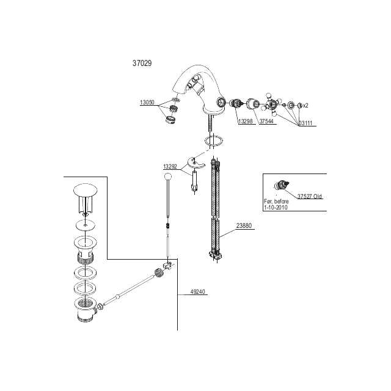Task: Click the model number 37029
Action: pyautogui.click(x=142, y=64)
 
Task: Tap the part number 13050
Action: pyautogui.click(x=147, y=102)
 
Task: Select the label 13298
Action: pyautogui.click(x=246, y=121)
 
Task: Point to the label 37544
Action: pyautogui.click(x=266, y=121)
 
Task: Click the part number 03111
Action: pyautogui.click(x=305, y=123)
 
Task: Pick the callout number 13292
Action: pyautogui.click(x=170, y=166)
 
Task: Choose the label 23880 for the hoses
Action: pyautogui.click(x=244, y=225)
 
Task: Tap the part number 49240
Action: pyautogui.click(x=197, y=292)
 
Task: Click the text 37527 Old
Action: pyautogui.click(x=310, y=196)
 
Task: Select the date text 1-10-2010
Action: pyautogui.click(x=276, y=208)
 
